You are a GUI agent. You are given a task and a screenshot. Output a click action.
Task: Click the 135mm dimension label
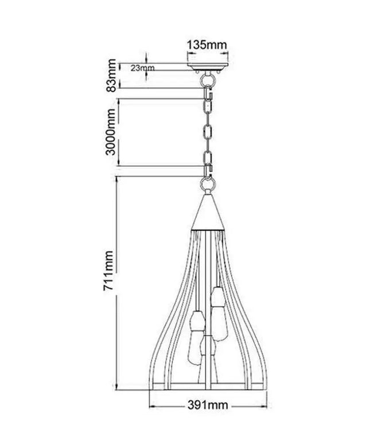click(207, 45)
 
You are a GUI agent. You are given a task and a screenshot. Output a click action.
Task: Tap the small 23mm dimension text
click(142, 68)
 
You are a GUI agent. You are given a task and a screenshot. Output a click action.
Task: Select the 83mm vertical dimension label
click(111, 75)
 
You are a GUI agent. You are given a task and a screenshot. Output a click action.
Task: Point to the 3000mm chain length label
click(111, 132)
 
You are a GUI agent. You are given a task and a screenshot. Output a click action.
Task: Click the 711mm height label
click(108, 271)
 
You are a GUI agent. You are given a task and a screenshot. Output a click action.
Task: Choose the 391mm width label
click(208, 405)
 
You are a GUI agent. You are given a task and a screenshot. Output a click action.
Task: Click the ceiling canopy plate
click(208, 67)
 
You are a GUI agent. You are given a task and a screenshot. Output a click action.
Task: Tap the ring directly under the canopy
click(208, 80)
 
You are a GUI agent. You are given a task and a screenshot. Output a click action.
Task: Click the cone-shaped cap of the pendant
click(208, 212)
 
